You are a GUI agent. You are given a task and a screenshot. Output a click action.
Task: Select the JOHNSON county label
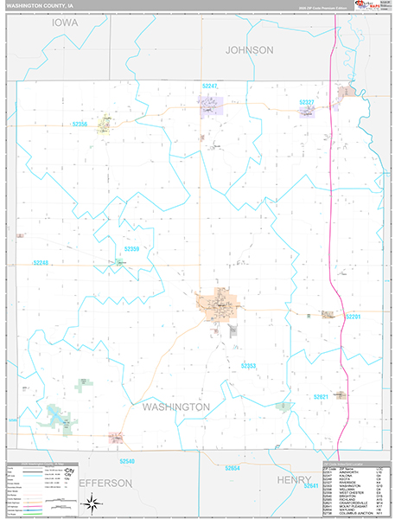coord(249,50)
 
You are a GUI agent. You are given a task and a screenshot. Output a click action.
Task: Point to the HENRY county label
coord(293,479)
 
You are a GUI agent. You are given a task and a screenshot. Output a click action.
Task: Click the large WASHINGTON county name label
coord(175,407)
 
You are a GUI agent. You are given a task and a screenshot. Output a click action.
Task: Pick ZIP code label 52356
coord(81,125)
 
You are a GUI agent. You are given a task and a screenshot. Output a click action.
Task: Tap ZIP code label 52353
coord(249,366)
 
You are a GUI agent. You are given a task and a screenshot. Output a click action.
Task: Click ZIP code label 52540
coord(128,462)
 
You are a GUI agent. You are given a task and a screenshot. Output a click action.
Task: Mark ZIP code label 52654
coord(232,467)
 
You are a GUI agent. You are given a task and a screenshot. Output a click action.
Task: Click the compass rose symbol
coord(91,502)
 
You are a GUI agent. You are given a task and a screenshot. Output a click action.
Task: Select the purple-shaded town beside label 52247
coord(211,105)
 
